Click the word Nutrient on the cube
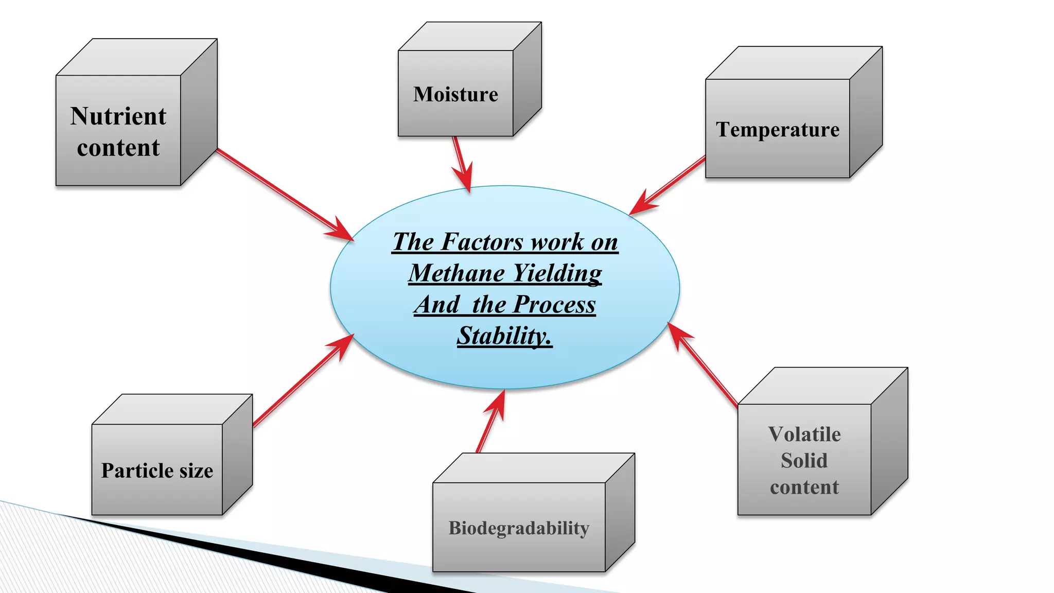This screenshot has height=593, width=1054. tap(118, 116)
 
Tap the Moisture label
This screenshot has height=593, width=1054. tap(455, 94)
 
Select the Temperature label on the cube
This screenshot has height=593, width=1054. tap(778, 130)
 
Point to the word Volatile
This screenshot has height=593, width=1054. tap(804, 434)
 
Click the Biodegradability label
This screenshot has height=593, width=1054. tap(519, 528)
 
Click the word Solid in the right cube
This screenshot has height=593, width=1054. tap(804, 461)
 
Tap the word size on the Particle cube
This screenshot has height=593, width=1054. tap(196, 470)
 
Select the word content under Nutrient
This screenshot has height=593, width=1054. tap(118, 148)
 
